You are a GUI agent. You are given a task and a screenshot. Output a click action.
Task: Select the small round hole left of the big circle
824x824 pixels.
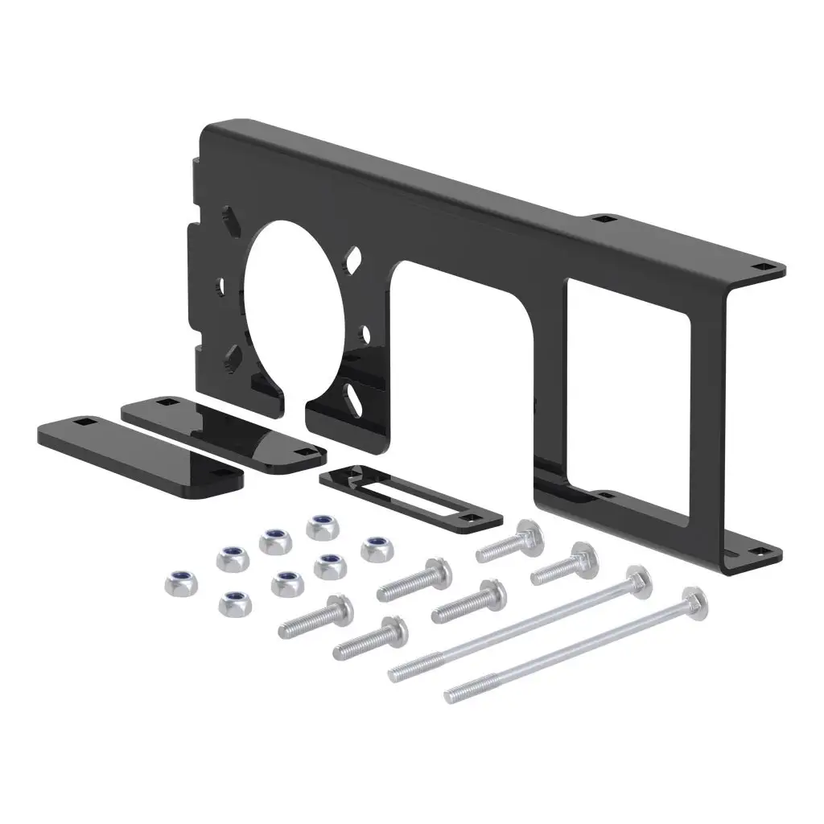(220, 283)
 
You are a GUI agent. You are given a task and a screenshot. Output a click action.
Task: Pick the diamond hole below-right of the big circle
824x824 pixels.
(353, 393)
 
